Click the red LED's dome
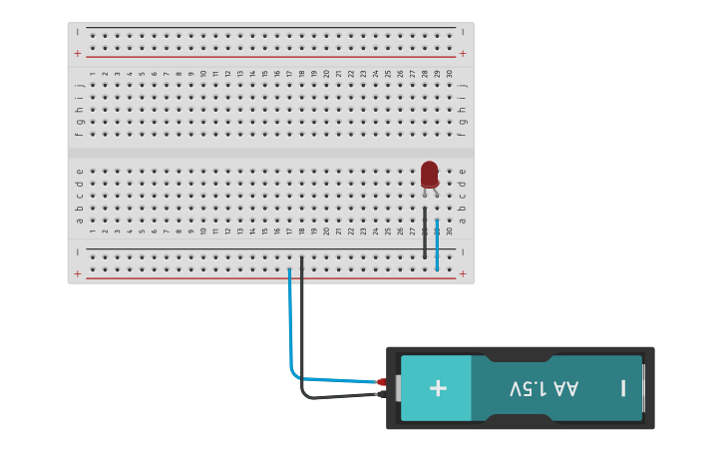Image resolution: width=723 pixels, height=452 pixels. (x=430, y=173)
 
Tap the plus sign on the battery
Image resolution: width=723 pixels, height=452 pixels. (x=438, y=388)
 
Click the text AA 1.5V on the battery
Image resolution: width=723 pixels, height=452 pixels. (x=543, y=388)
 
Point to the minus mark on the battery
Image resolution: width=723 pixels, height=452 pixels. (x=623, y=388)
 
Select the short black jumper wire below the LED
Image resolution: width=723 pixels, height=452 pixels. (x=425, y=234)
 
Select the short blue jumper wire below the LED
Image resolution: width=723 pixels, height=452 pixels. (x=437, y=244)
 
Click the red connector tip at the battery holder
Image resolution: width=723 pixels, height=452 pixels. (x=382, y=382)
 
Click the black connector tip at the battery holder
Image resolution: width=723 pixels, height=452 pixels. (x=382, y=394)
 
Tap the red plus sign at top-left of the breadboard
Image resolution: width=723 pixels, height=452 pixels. (x=78, y=54)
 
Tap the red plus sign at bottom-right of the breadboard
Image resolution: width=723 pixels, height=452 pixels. (x=462, y=273)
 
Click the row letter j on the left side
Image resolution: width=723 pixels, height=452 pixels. (x=79, y=86)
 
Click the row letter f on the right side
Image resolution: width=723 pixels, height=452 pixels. (x=462, y=134)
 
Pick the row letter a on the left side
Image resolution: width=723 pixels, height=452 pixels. (x=79, y=220)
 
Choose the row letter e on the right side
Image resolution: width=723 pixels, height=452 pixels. (x=462, y=171)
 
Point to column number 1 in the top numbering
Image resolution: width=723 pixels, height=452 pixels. (x=93, y=73)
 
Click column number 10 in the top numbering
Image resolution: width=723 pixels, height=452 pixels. (x=203, y=73)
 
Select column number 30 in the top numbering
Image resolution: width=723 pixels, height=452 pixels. (x=449, y=73)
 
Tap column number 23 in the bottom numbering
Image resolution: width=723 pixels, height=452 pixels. (x=363, y=231)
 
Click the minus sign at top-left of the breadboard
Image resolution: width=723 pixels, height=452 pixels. (x=78, y=32)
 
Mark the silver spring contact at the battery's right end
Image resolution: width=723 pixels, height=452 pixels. (x=643, y=388)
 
